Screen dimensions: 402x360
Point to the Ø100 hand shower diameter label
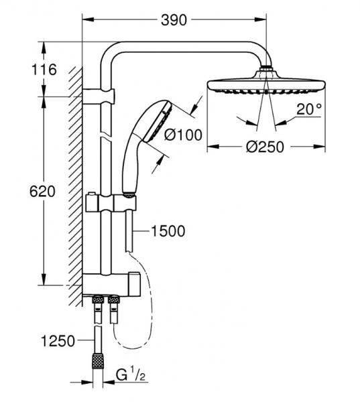coord(183,135)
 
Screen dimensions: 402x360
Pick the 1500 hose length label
coord(168,231)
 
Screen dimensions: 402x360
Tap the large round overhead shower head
coord(266,86)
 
